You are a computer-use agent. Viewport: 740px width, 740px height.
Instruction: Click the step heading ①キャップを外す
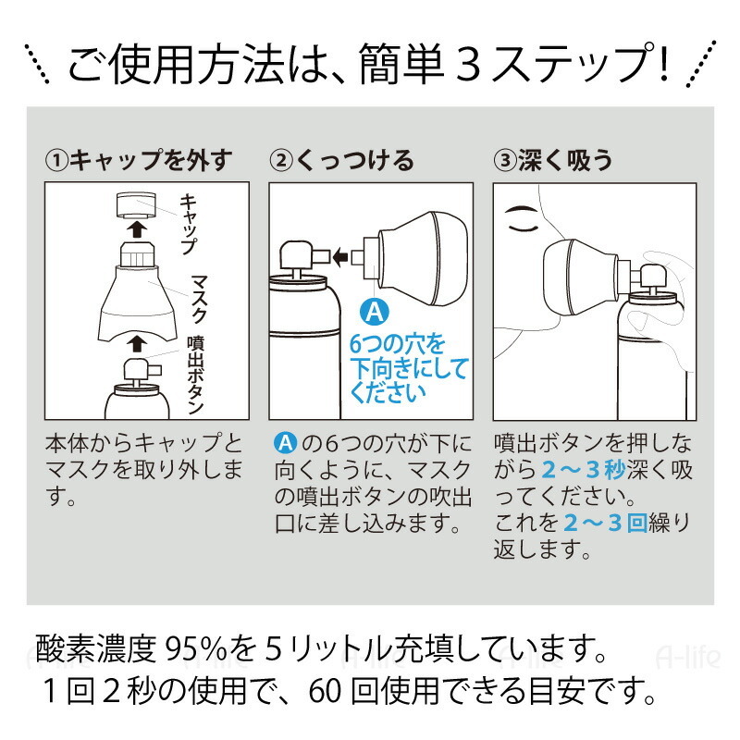(139, 160)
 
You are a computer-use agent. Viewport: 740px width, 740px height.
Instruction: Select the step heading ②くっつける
(342, 160)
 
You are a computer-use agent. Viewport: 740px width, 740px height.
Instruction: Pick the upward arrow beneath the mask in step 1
(135, 343)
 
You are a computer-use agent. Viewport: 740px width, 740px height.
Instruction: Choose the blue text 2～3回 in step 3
(610, 524)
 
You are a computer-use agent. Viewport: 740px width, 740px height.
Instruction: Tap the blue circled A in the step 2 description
(286, 442)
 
